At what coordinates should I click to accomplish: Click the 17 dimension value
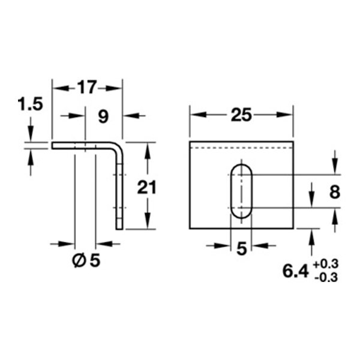point(87,87)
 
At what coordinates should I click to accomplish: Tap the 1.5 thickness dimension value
point(31,104)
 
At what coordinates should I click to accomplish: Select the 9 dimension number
point(103,116)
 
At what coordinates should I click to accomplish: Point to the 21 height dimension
point(146,187)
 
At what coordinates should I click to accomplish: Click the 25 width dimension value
point(241,115)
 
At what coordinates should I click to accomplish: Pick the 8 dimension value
point(335,192)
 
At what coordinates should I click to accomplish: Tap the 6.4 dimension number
point(295,271)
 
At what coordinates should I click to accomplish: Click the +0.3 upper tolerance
point(326,264)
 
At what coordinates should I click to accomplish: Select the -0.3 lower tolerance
point(326,278)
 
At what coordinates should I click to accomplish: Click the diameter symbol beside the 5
point(79,261)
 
